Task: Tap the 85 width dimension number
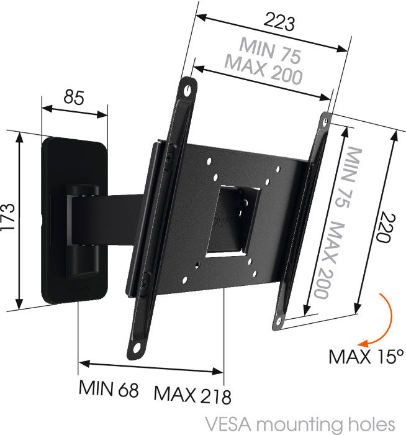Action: click(74, 98)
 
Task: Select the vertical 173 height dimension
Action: click(7, 217)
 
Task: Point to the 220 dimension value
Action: click(385, 227)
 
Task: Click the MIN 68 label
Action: click(109, 388)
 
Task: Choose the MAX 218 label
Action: click(192, 394)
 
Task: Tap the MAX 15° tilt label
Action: click(366, 357)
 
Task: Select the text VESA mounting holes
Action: click(300, 424)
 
